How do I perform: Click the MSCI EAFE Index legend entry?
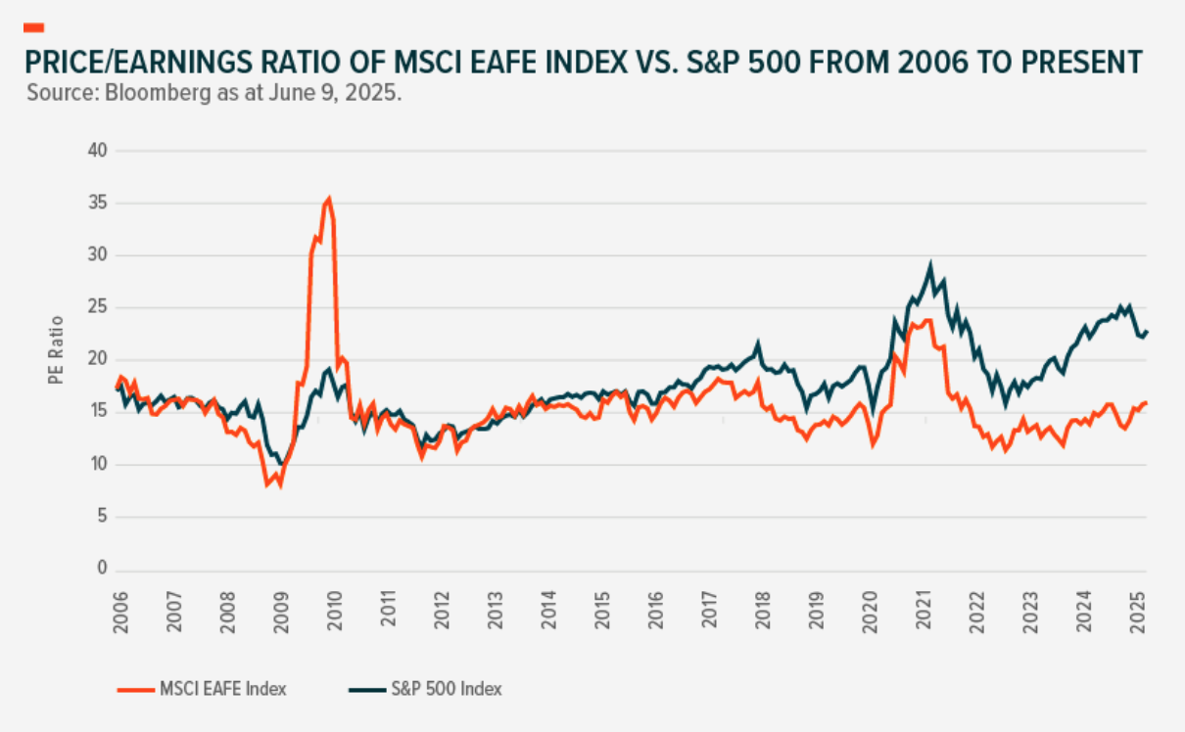[x=222, y=689]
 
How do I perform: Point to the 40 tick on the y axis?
[x=98, y=151]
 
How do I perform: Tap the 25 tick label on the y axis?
[x=98, y=307]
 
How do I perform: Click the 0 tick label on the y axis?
[x=102, y=570]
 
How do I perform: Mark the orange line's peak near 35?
[x=328, y=200]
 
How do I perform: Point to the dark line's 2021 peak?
[x=930, y=264]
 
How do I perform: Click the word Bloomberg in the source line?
[x=122, y=95]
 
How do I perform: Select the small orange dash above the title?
[x=34, y=26]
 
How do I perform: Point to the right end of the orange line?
[x=1147, y=402]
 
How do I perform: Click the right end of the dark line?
[x=1147, y=332]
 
